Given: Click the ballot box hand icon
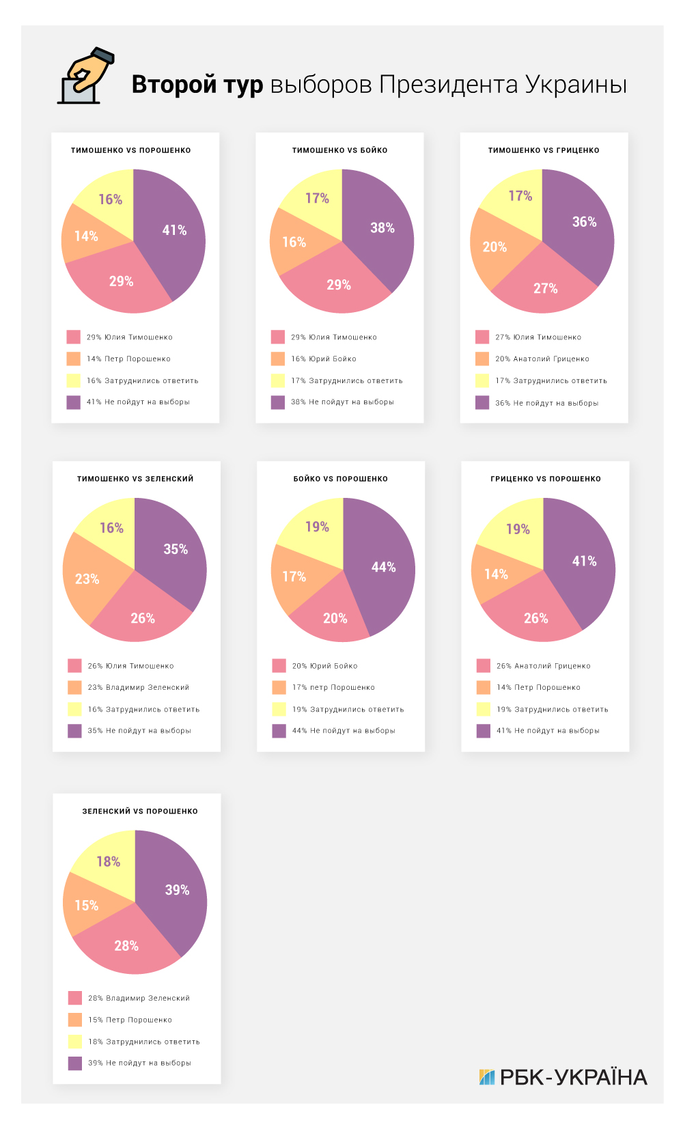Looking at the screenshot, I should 85,76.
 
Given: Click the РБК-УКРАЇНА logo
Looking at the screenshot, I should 563,1077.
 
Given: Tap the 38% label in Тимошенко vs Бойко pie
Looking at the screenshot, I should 382,228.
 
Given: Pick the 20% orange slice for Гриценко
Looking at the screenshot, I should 494,247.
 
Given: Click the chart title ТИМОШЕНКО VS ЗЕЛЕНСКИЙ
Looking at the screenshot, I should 135,479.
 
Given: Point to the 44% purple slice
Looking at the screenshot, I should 383,568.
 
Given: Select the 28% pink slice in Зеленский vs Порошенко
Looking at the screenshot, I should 126,946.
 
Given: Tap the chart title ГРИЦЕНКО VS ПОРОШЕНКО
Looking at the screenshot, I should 546,479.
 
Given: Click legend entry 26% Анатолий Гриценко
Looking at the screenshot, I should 543,666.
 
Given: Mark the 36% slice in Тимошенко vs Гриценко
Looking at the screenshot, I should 584,222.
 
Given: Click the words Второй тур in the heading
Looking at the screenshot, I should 197,85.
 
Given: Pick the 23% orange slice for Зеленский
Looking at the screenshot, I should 87,579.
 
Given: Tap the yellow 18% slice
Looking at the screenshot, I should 108,862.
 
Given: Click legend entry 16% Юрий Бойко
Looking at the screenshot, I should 323,359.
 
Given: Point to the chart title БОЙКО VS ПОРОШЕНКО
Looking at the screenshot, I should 341,479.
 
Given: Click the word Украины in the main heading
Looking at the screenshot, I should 576,85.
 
